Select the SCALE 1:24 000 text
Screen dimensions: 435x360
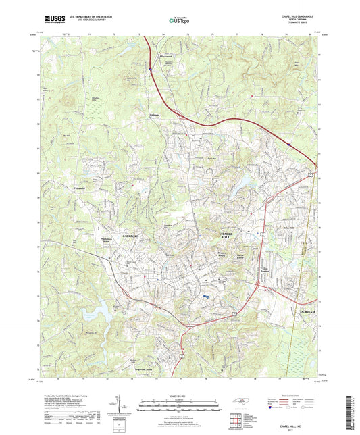(179, 395)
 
